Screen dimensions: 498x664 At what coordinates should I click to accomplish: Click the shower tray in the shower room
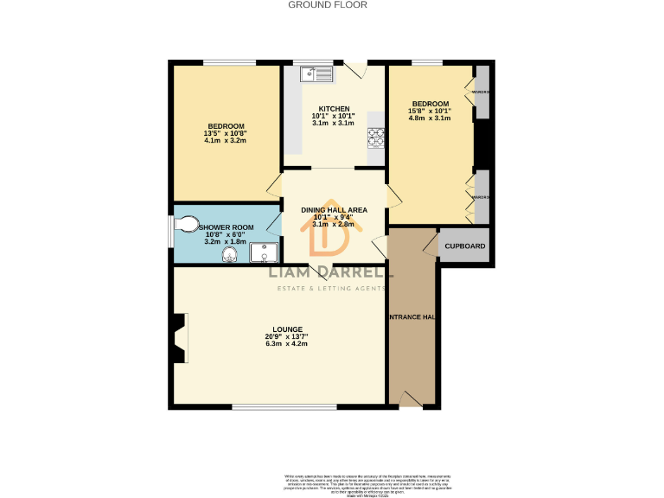click(265, 252)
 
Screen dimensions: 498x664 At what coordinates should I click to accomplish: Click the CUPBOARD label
click(465, 246)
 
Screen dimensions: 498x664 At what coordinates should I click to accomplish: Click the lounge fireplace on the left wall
click(179, 338)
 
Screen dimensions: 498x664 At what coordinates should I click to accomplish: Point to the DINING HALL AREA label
click(334, 210)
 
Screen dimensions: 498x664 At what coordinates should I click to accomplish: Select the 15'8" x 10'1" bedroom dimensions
click(430, 111)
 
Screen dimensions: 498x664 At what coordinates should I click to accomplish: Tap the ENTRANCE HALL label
click(412, 317)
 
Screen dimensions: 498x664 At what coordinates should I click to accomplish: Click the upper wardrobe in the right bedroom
click(482, 92)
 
